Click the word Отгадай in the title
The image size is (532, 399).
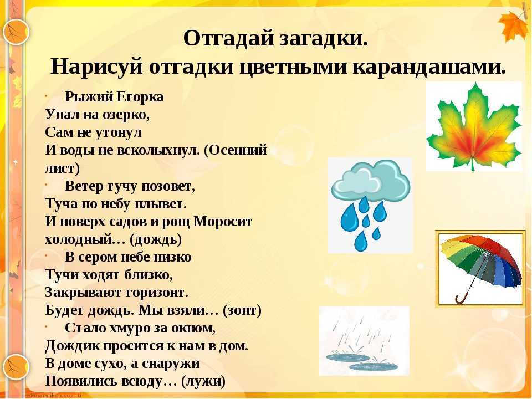[x=228, y=39]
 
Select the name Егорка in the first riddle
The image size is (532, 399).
[x=140, y=98]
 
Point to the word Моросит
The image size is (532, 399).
[x=223, y=222]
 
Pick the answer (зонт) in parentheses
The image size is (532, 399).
[x=242, y=310]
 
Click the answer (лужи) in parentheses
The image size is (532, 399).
[x=203, y=382]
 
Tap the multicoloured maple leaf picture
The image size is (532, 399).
[x=474, y=126]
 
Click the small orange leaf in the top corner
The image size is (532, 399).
[x=514, y=26]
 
